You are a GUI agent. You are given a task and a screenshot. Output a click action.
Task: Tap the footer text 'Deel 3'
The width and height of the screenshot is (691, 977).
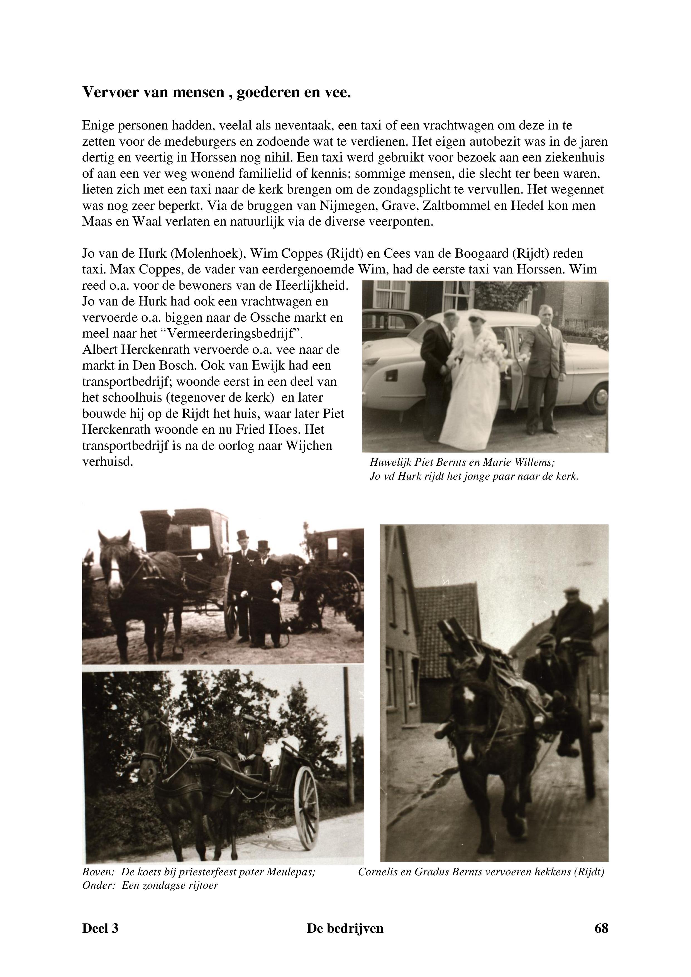tap(100, 928)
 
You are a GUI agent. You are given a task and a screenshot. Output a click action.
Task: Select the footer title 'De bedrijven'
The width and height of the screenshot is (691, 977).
tap(345, 928)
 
